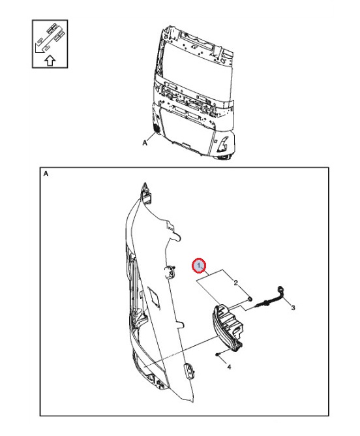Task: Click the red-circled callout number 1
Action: pyautogui.click(x=199, y=266)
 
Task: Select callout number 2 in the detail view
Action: pyautogui.click(x=235, y=282)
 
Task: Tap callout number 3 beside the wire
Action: pyautogui.click(x=293, y=307)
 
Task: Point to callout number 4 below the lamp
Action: pyautogui.click(x=228, y=367)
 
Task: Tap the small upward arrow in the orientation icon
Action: pyautogui.click(x=50, y=61)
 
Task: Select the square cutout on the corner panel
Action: pyautogui.click(x=156, y=297)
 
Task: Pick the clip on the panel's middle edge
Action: pyautogui.click(x=171, y=272)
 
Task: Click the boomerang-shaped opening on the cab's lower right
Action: pyautogui.click(x=222, y=144)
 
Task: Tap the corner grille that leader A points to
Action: pyautogui.click(x=157, y=128)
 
